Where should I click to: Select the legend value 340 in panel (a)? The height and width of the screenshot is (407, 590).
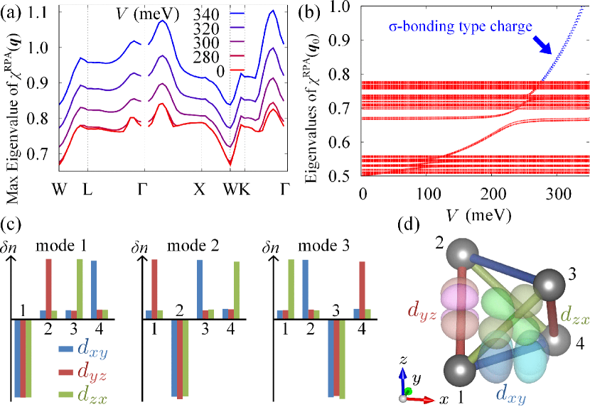click(x=203, y=13)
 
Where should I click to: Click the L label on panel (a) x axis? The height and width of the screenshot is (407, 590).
click(x=87, y=190)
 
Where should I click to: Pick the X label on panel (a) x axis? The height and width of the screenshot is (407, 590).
click(x=201, y=190)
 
